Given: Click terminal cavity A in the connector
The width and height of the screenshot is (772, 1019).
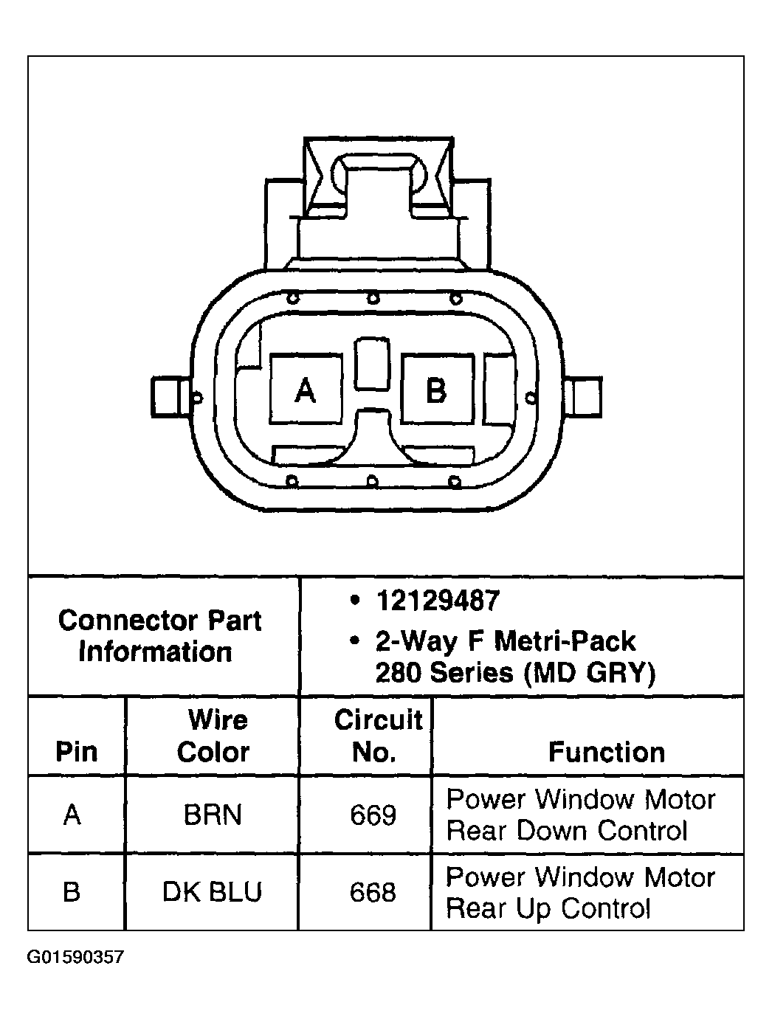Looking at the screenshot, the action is (x=306, y=389).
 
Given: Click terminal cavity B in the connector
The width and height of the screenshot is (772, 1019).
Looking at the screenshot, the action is (x=438, y=389).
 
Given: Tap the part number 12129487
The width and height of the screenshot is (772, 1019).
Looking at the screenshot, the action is (x=438, y=601).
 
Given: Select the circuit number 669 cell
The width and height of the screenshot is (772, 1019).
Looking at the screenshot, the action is (x=373, y=815).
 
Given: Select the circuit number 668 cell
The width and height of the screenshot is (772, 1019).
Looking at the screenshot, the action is (x=373, y=892).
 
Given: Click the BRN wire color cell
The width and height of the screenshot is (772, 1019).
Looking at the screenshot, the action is (x=213, y=815).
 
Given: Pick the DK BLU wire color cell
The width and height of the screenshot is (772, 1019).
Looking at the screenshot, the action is (x=212, y=892).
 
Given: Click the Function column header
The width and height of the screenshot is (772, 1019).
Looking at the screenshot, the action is (x=607, y=752).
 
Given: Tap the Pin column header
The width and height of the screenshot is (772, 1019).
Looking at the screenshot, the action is (x=77, y=752).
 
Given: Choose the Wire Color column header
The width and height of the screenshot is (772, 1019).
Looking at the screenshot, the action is (x=213, y=736).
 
